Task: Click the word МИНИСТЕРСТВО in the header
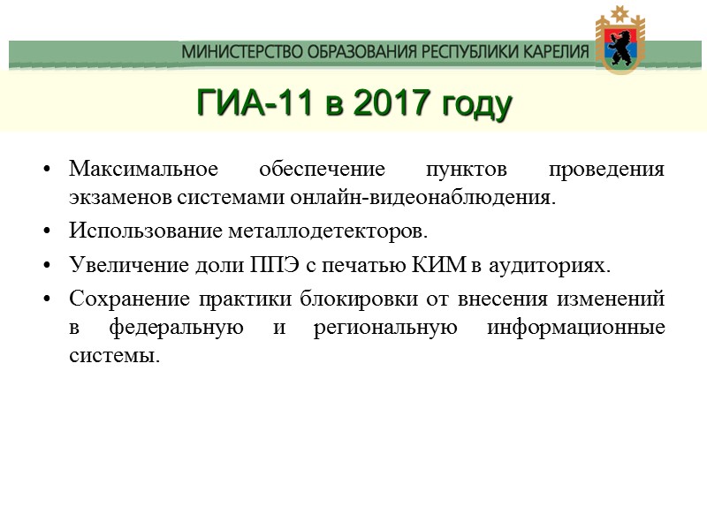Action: [239, 52]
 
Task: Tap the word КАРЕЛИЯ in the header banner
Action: [548, 52]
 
